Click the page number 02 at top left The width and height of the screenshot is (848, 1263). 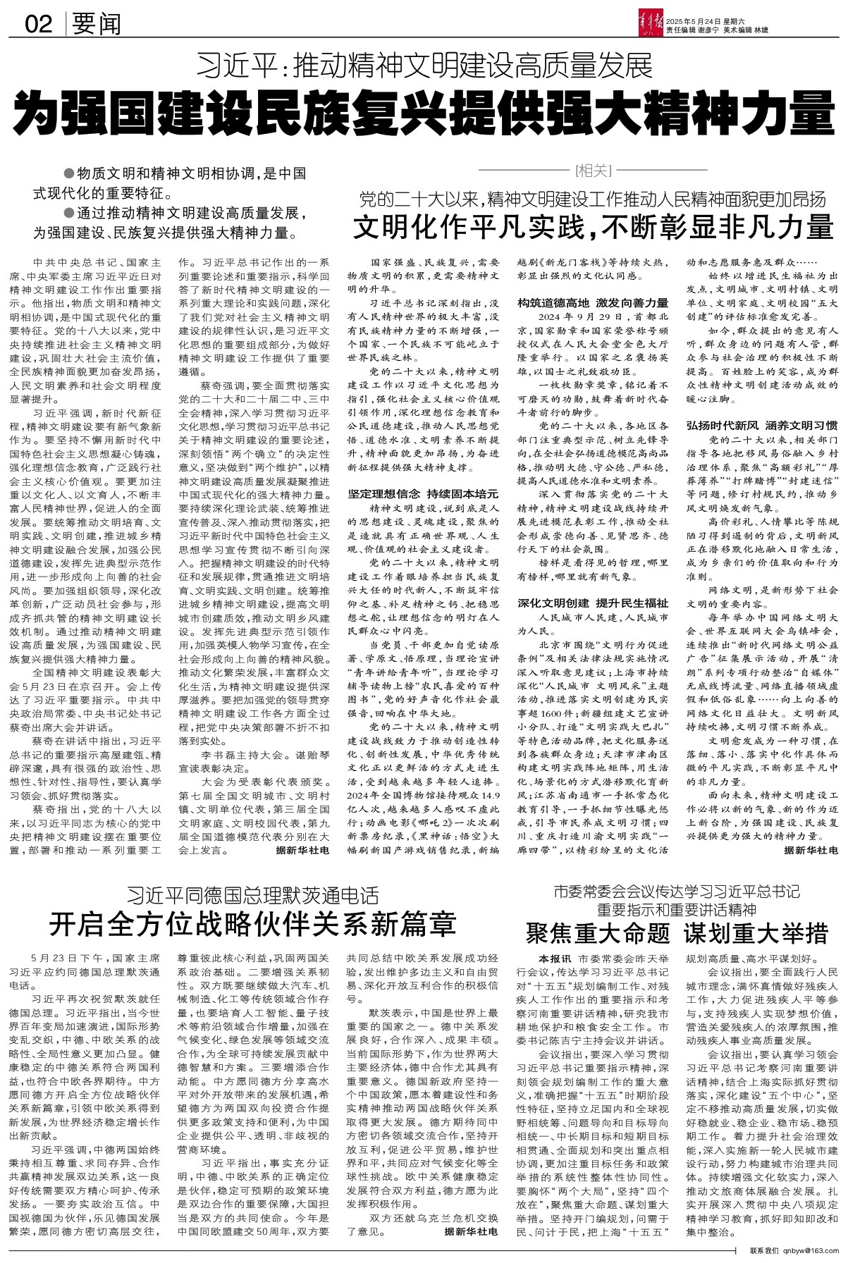pos(38,25)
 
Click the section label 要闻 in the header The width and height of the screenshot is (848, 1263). pos(96,25)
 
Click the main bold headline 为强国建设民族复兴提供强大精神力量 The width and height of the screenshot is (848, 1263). pos(424,111)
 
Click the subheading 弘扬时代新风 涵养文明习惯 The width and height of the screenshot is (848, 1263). pos(762,425)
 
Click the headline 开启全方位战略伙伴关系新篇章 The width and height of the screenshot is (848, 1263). pos(252,923)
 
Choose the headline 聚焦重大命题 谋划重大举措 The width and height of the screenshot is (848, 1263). pos(677,933)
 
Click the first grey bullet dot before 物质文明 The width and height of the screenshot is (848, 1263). pos(68,173)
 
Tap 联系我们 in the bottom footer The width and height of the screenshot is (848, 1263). pos(764,1250)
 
